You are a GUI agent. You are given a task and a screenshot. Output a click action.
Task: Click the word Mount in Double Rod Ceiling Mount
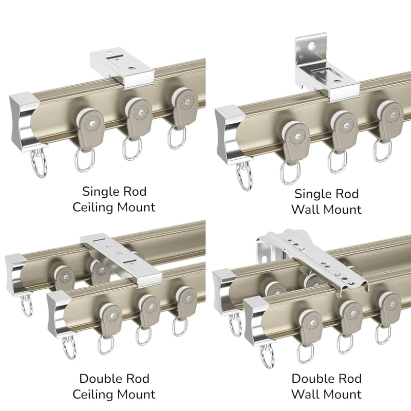(x=136, y=394)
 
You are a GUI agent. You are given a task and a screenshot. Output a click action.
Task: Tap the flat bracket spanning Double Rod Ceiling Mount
(x=122, y=259)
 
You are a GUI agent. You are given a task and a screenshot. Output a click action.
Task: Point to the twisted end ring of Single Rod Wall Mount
(x=245, y=176)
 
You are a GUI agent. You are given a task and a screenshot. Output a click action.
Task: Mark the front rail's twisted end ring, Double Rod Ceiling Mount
(x=70, y=347)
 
